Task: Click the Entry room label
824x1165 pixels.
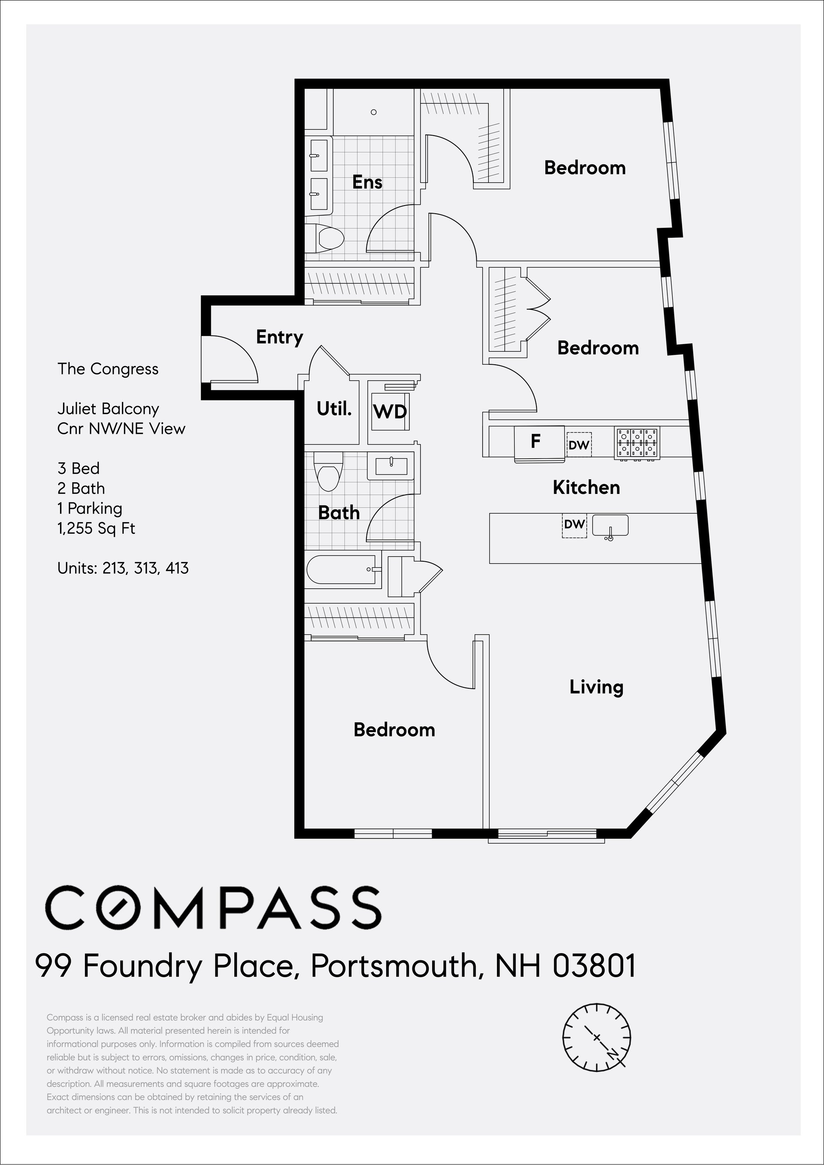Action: (279, 337)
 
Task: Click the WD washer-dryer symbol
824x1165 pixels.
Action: (390, 411)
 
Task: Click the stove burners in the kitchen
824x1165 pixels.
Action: (637, 442)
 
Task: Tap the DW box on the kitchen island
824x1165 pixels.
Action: (574, 525)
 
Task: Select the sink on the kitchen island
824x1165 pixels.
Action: (610, 526)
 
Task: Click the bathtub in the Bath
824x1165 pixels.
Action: (342, 570)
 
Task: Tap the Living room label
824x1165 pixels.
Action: (596, 687)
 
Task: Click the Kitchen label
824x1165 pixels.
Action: (586, 487)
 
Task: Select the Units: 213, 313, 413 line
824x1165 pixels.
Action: (123, 568)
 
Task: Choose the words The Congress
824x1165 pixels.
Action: (108, 369)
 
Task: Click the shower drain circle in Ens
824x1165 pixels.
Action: (373, 112)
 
